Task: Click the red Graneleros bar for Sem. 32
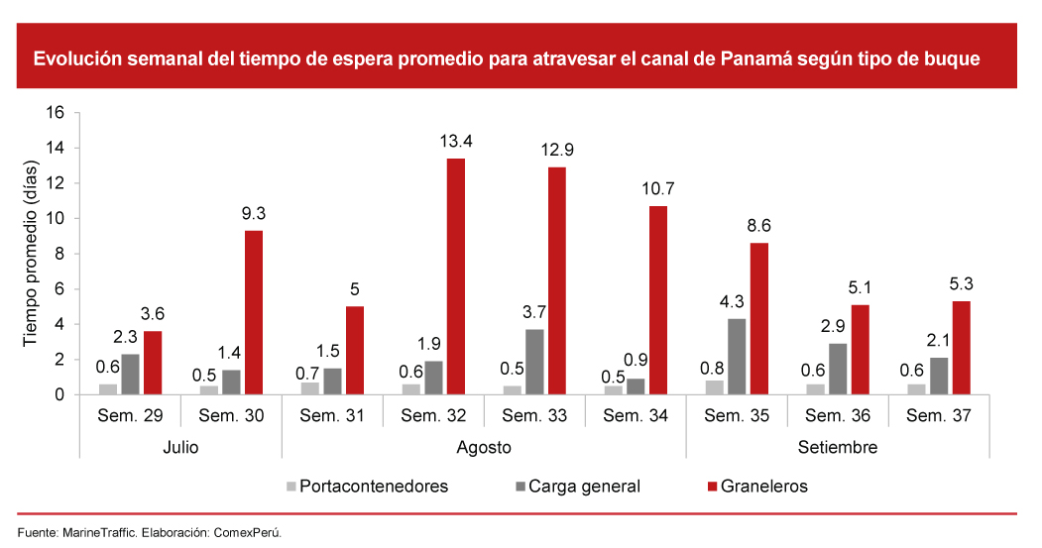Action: click(456, 276)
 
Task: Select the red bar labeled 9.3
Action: click(254, 312)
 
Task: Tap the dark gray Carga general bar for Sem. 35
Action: click(738, 356)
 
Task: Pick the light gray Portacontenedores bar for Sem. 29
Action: click(108, 388)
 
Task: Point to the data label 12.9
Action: click(556, 150)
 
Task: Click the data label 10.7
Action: click(657, 188)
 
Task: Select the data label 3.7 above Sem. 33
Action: click(535, 311)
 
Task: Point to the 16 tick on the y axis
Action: click(56, 113)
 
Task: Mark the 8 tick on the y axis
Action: click(59, 254)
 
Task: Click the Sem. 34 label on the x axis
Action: click(636, 415)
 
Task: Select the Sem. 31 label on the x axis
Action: click(332, 415)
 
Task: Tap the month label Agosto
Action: click(484, 447)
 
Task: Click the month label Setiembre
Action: click(838, 447)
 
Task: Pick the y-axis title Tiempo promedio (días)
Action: click(31, 254)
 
